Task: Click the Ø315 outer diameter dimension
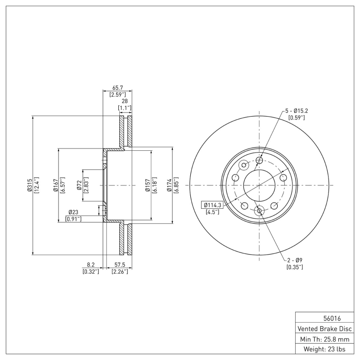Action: tap(29, 185)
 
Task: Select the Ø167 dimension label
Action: tap(55, 185)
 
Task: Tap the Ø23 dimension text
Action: tap(74, 212)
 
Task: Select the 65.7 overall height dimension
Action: tap(117, 89)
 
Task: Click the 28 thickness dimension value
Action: tap(125, 102)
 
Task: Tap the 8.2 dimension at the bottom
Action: tap(90, 265)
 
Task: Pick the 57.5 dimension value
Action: tap(120, 265)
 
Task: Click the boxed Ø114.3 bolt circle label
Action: tap(212, 205)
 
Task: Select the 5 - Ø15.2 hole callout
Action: tap(297, 111)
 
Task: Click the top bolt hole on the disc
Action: tap(259, 160)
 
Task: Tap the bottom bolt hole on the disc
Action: tap(259, 210)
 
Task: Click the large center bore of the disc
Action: tap(259, 185)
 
